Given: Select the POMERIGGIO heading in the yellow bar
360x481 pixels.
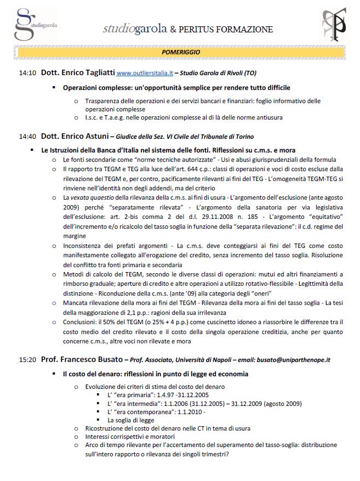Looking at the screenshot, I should click(181, 52).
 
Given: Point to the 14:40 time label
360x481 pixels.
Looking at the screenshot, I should click(27, 137).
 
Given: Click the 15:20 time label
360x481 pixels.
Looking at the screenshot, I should click(27, 360).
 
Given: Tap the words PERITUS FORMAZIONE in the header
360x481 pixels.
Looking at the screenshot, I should click(225, 29).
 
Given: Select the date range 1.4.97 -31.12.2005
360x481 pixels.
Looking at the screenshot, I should click(172, 395).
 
